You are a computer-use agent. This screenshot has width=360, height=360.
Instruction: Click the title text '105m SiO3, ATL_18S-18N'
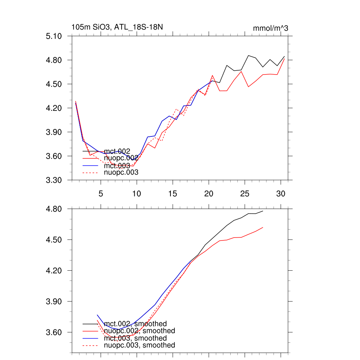(x=117, y=27)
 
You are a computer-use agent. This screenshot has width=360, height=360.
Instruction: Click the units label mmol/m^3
(x=270, y=28)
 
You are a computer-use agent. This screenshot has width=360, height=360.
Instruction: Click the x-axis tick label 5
(x=101, y=194)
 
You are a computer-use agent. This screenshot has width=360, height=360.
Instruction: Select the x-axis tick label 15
(x=173, y=194)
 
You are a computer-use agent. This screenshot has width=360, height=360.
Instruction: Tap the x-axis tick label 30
(x=281, y=194)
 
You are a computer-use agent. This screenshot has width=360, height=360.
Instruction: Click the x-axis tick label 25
(x=245, y=194)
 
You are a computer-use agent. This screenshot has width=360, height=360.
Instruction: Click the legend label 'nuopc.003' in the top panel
(x=121, y=173)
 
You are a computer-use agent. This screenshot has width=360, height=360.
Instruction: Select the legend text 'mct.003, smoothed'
(x=135, y=338)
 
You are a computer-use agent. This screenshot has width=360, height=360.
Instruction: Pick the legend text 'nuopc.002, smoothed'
(x=140, y=331)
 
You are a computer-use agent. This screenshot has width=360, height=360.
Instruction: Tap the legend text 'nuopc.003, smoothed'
(x=140, y=345)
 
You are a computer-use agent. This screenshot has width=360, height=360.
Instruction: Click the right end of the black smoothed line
(x=263, y=211)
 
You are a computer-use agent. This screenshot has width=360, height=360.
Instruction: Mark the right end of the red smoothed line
(x=263, y=227)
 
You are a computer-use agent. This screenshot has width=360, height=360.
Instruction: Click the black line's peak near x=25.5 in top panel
(x=248, y=56)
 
